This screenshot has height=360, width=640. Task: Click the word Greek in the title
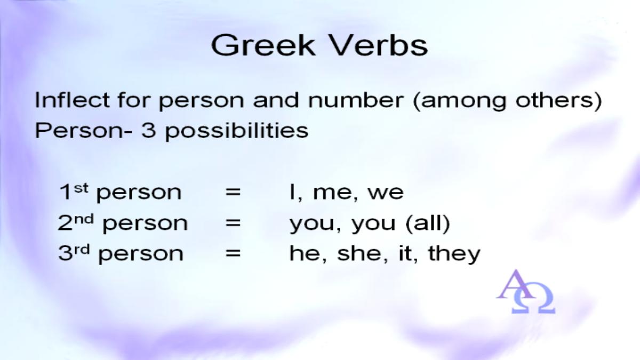coord(263,45)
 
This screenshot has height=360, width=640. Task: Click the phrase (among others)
coord(508,101)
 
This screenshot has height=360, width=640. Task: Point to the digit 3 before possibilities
coord(148,130)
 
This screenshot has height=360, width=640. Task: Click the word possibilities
coord(237,131)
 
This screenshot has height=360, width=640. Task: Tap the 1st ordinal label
coord(74,191)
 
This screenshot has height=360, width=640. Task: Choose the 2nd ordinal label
coord(75,222)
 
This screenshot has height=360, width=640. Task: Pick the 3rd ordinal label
coord(74,253)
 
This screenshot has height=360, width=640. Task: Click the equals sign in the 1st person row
coord(233,191)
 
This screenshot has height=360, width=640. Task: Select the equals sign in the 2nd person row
coord(233,222)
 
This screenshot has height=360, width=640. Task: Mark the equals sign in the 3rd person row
coord(233,253)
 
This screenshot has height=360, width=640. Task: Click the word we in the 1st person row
coord(386,194)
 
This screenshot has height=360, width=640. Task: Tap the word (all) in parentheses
coord(428,223)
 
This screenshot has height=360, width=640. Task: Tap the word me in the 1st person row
coord(333,194)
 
